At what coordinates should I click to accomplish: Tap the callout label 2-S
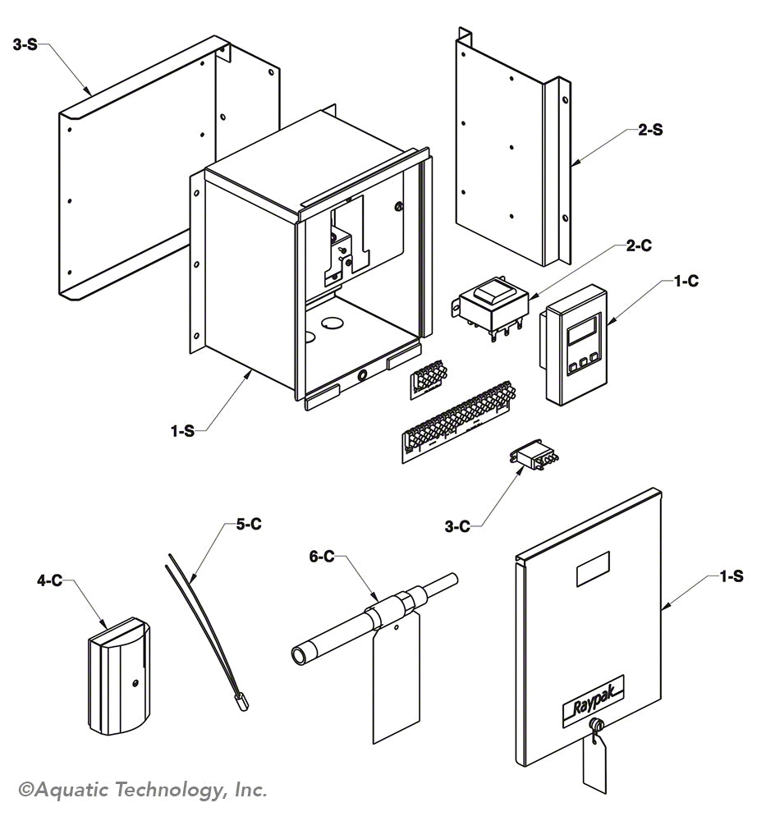point(650,129)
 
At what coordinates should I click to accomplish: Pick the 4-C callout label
point(49,580)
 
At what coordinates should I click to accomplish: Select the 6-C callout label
point(323,557)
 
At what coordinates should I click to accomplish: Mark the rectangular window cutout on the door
point(593,572)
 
